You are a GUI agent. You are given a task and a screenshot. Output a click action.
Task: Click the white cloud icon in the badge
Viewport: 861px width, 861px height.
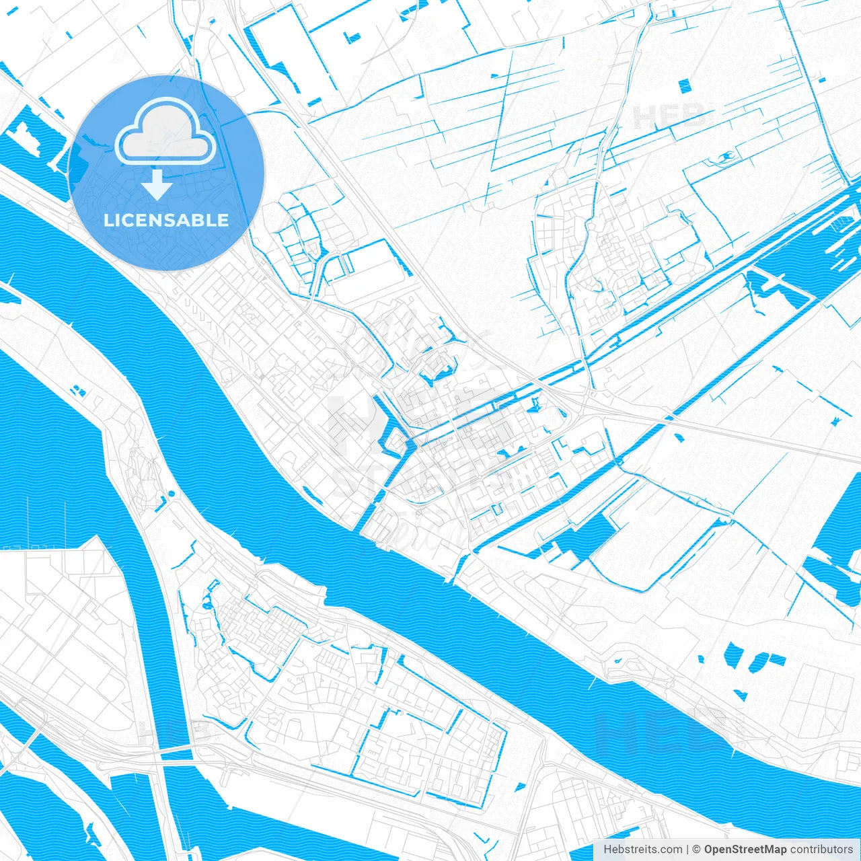(x=165, y=131)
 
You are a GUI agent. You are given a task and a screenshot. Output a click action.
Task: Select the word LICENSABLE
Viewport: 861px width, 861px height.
(x=166, y=220)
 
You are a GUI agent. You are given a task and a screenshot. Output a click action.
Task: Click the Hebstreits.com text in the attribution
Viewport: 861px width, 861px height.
(x=642, y=850)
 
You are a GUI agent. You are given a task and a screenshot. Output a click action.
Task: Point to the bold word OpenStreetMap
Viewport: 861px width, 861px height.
(x=745, y=850)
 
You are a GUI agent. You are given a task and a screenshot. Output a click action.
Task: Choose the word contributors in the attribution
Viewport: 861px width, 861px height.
(x=821, y=850)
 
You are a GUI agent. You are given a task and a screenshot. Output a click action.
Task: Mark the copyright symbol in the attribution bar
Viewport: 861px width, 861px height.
(x=697, y=850)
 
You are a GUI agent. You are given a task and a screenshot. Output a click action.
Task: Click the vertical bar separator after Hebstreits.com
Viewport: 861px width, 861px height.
(x=687, y=850)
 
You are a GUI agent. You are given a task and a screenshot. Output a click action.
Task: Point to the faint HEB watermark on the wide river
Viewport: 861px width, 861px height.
(x=663, y=730)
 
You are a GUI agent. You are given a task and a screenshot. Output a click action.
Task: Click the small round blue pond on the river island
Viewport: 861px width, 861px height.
(x=171, y=494)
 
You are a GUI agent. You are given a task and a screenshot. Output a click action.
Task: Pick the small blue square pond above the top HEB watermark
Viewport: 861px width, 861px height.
(x=684, y=85)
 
